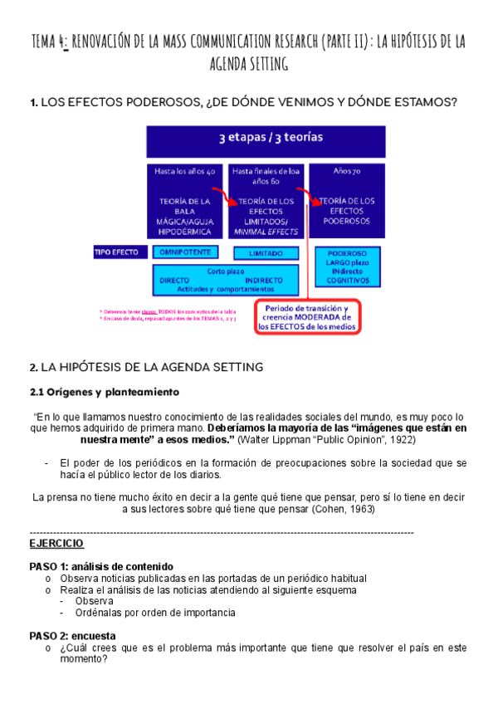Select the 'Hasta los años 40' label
click(184, 171)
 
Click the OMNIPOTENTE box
click(187, 252)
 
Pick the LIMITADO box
click(266, 252)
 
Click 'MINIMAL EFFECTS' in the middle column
click(266, 232)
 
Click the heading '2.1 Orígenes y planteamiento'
click(104, 391)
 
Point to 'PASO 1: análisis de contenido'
click(101, 565)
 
